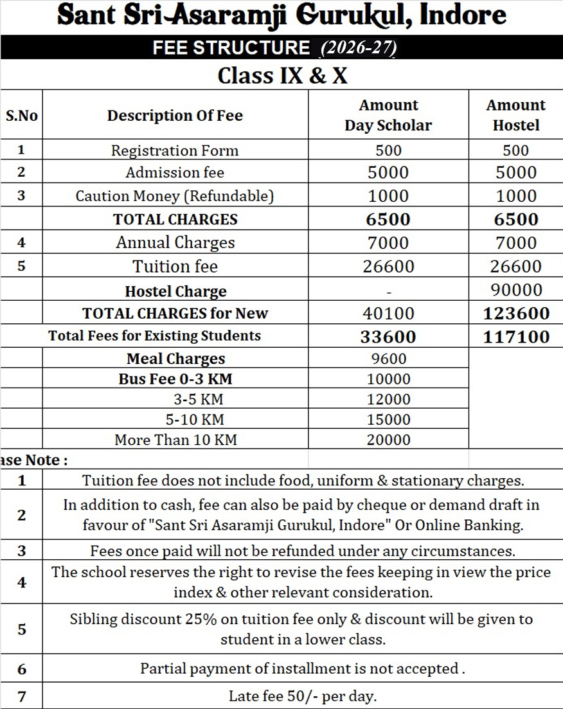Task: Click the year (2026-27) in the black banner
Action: (x=359, y=48)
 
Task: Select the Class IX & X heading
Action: (x=282, y=76)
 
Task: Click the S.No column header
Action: (x=22, y=116)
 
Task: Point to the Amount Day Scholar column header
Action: (x=388, y=115)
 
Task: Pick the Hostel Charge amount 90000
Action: (x=516, y=290)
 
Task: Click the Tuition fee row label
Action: (x=175, y=266)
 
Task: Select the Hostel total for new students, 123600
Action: (x=516, y=313)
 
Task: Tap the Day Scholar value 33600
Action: (x=388, y=336)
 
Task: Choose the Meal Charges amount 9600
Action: (x=388, y=359)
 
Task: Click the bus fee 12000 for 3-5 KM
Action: (x=388, y=399)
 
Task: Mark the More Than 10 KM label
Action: (x=175, y=440)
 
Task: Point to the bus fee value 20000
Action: (x=388, y=440)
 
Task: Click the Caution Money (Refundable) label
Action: (x=175, y=196)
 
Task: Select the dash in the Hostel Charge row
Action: (x=388, y=291)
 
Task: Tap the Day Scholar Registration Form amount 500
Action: (x=388, y=150)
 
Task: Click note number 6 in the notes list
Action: (x=22, y=669)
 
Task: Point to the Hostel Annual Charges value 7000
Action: (x=516, y=243)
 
